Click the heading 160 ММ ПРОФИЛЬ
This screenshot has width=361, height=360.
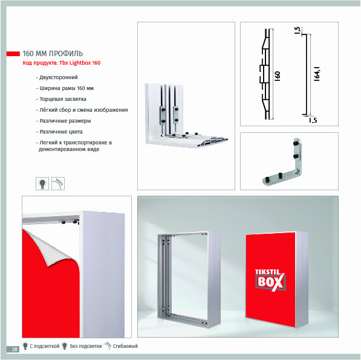tap(53, 54)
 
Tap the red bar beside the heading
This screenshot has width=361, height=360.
tap(13, 54)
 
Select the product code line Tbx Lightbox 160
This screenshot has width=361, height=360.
tap(62, 63)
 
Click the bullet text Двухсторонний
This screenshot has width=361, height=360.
tap(57, 77)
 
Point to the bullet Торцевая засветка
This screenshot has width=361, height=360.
tap(61, 99)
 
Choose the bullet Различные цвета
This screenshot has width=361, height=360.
tap(59, 132)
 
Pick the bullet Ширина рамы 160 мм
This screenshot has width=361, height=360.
tap(65, 88)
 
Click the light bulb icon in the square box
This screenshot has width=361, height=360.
tap(42, 184)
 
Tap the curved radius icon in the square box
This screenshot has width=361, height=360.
tap(58, 184)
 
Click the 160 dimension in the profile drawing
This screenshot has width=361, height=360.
tap(278, 76)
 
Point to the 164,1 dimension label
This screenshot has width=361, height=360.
tap(317, 74)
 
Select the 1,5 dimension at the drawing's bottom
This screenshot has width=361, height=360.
tap(313, 120)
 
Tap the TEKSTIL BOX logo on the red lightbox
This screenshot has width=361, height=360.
tap(270, 280)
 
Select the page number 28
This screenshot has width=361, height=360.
tap(15, 349)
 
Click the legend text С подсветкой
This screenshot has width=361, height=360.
tap(45, 346)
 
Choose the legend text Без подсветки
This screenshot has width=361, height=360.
tap(86, 346)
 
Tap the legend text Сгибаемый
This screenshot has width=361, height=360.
tap(125, 346)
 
